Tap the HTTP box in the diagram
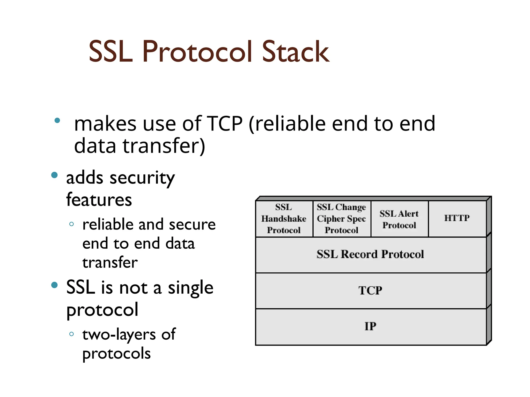457,218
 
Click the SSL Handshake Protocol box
284,219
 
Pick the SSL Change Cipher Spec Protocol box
341,219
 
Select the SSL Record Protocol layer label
370,254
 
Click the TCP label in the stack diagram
370,290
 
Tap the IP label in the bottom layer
370,326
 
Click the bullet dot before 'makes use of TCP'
57,120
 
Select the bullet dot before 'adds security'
54,175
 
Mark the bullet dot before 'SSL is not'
54,285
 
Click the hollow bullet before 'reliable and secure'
72,224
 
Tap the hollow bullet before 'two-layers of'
72,334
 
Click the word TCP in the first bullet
225,124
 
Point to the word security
142,178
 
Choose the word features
99,200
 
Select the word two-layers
119,335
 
